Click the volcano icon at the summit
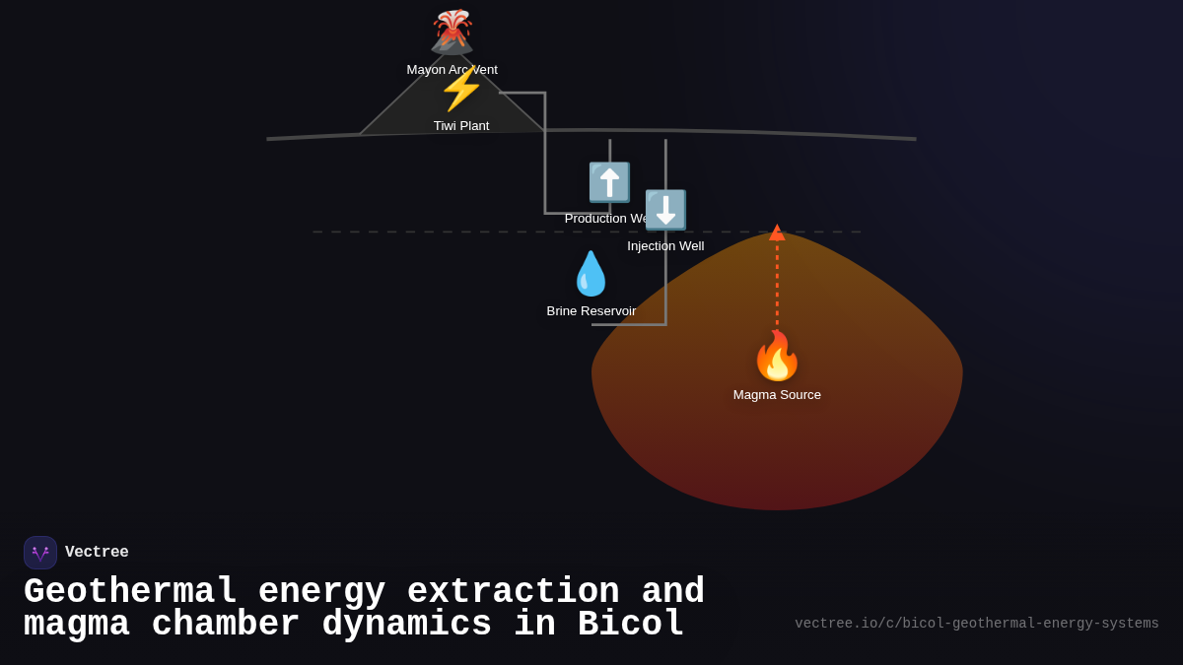coord(452,32)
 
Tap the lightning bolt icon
coord(461,89)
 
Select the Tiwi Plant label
coord(461,126)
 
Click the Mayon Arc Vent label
coord(452,70)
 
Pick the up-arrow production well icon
coord(609,182)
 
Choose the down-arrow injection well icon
coord(665,210)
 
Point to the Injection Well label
coord(665,246)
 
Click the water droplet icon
coord(591,274)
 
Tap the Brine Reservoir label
coord(591,311)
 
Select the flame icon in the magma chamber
coord(777,356)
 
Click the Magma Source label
coord(777,395)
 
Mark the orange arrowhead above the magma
coord(777,233)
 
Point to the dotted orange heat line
coord(777,286)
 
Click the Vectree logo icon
coord(40,553)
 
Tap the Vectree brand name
coord(97,553)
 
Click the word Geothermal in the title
coord(130,592)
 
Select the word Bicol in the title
coord(631,625)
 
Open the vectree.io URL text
coord(976,624)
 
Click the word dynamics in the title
coord(406,625)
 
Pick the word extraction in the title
coord(513,592)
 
